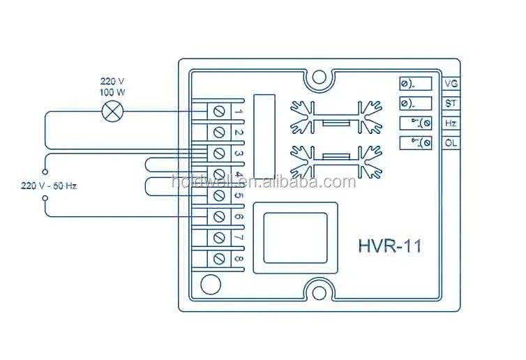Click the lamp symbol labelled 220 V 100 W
point(110,111)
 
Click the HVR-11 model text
point(389,246)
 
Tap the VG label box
point(451,84)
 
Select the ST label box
point(451,103)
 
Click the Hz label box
point(451,123)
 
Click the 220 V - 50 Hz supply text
point(49,186)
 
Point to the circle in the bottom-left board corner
point(209,285)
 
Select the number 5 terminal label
point(238,196)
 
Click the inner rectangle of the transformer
point(294,238)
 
